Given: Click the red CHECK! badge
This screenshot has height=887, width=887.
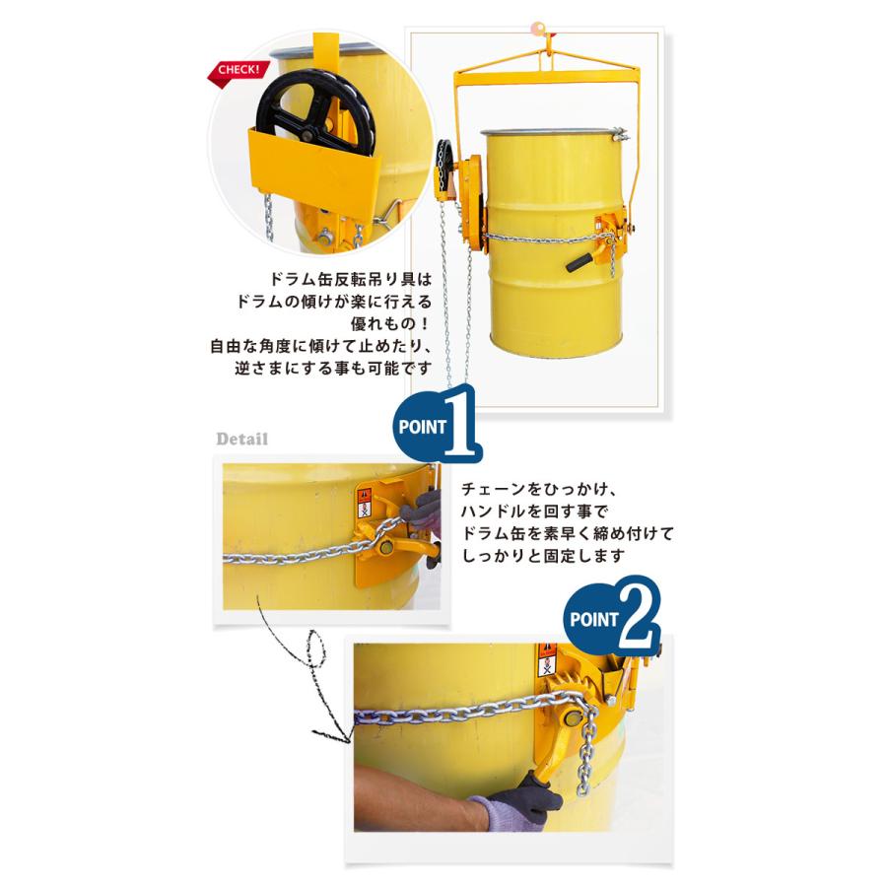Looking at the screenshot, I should pos(236,71).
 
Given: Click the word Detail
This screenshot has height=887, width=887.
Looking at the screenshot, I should pos(242,439).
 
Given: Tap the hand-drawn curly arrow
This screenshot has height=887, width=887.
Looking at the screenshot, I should pos(310,680).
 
